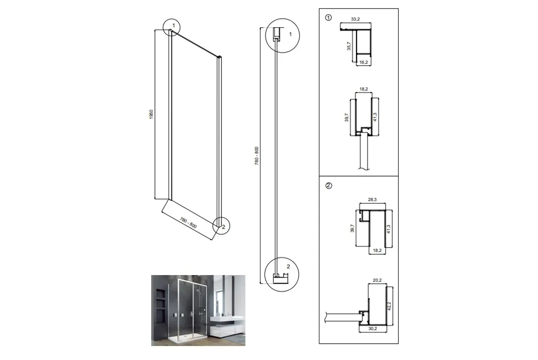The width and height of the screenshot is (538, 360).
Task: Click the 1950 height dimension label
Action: (151, 114)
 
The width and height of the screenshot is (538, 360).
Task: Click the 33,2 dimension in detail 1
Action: (355, 19)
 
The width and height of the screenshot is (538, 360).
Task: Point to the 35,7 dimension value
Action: (349, 46)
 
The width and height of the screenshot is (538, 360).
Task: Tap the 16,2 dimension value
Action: (364, 62)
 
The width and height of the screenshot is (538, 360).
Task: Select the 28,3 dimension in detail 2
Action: (372, 200)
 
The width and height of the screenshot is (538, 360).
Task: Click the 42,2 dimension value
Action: (389, 306)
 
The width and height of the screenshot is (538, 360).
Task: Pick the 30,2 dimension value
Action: (373, 328)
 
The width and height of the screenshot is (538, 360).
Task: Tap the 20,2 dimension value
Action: (377, 280)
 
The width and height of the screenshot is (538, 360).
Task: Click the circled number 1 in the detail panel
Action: (329, 17)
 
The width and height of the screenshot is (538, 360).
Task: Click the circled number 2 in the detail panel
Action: (329, 186)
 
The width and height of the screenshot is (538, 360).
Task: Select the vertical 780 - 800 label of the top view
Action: (257, 156)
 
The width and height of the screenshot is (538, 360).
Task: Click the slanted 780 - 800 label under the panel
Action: (188, 223)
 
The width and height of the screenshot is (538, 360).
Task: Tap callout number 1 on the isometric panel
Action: (173, 25)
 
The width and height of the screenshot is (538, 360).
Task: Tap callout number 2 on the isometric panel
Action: (223, 227)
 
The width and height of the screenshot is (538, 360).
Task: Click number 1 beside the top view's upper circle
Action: (291, 34)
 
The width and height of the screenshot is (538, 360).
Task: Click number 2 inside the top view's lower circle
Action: (288, 266)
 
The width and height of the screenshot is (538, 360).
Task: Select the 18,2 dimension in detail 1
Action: (364, 89)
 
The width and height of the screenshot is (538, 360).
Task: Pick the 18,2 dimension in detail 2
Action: (377, 251)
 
